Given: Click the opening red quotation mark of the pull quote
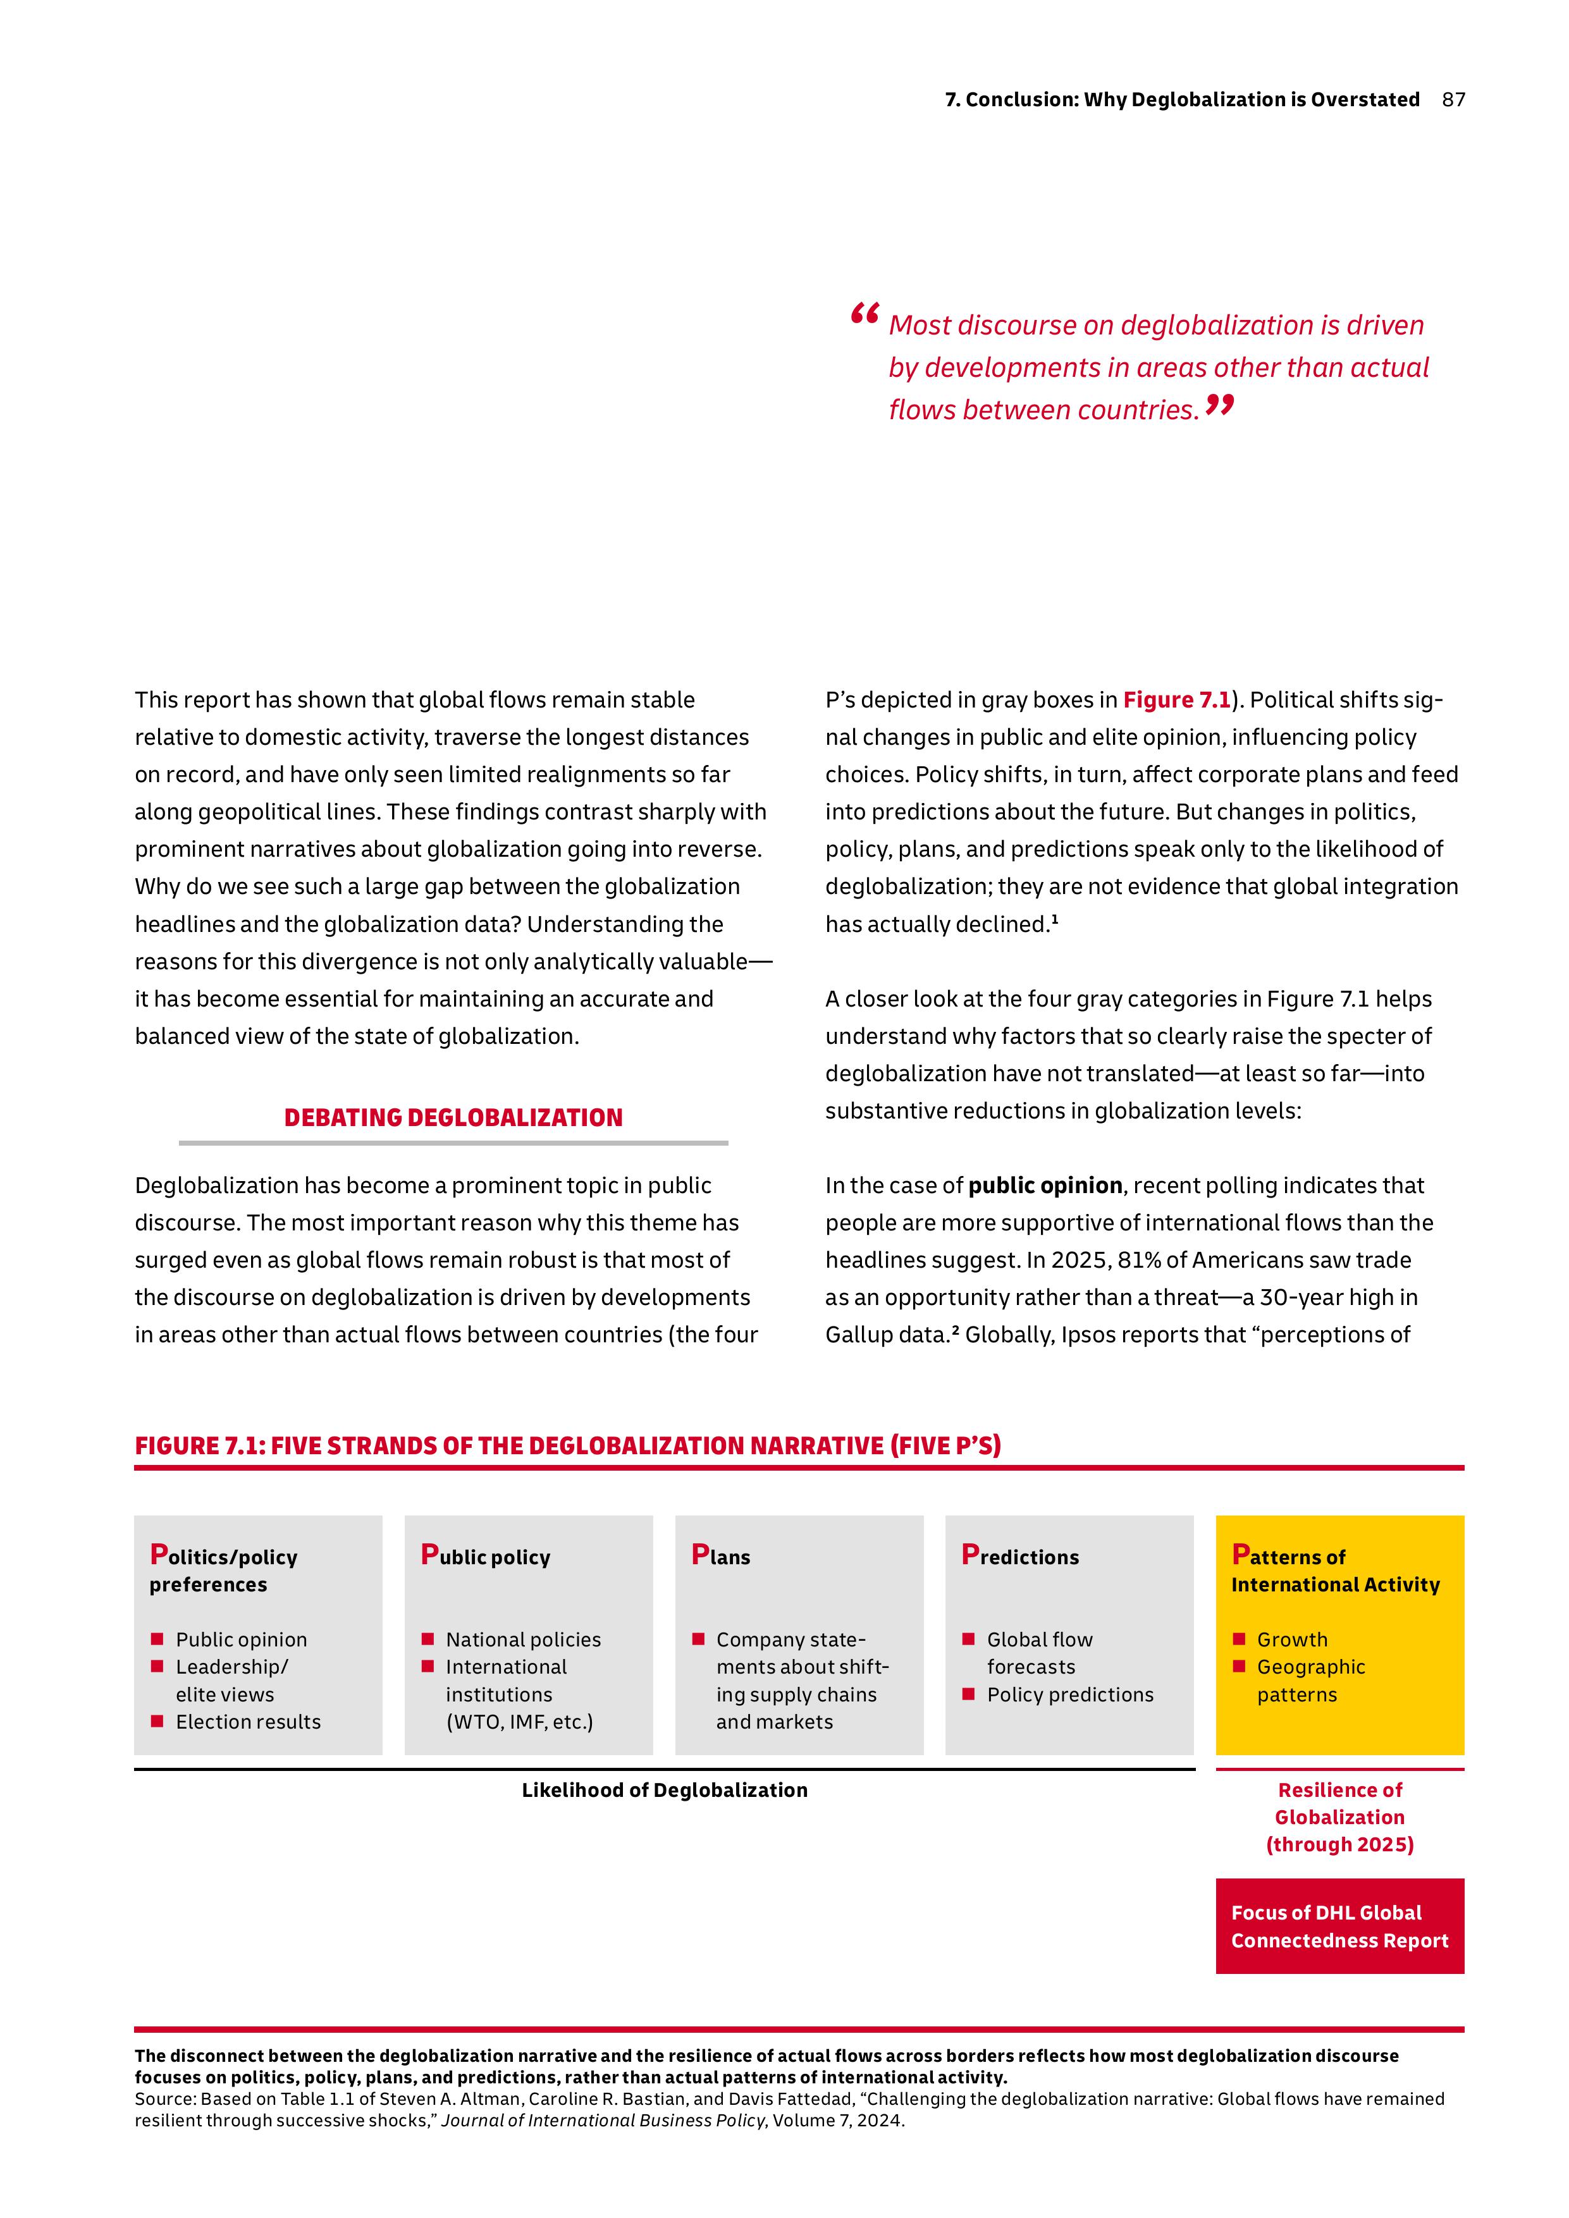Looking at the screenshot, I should pos(864,314).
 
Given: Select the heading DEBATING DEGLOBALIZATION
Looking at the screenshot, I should pos(453,1118).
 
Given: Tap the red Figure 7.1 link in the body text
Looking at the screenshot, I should pos(1176,699).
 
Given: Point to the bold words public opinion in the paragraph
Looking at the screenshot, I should pos(1044,1186).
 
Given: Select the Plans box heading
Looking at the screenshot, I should pos(721,1556).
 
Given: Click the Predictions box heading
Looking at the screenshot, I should pos(1020,1556).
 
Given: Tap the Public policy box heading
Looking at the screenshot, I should pos(485,1556).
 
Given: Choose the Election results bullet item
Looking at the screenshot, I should pos(247,1722).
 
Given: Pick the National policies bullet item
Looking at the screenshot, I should pos(522,1639).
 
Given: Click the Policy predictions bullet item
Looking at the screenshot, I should pos(1069,1694).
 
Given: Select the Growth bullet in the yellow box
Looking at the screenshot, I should pos(1292,1639).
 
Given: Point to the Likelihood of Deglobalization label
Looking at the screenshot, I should pos(664,1790).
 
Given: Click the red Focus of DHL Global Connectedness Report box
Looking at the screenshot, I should pos(1339,1927).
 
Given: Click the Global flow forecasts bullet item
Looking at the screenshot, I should pos(1038,1653).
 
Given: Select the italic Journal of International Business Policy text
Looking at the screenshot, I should pos(603,2121).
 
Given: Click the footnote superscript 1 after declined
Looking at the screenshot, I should pos(1055,921).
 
